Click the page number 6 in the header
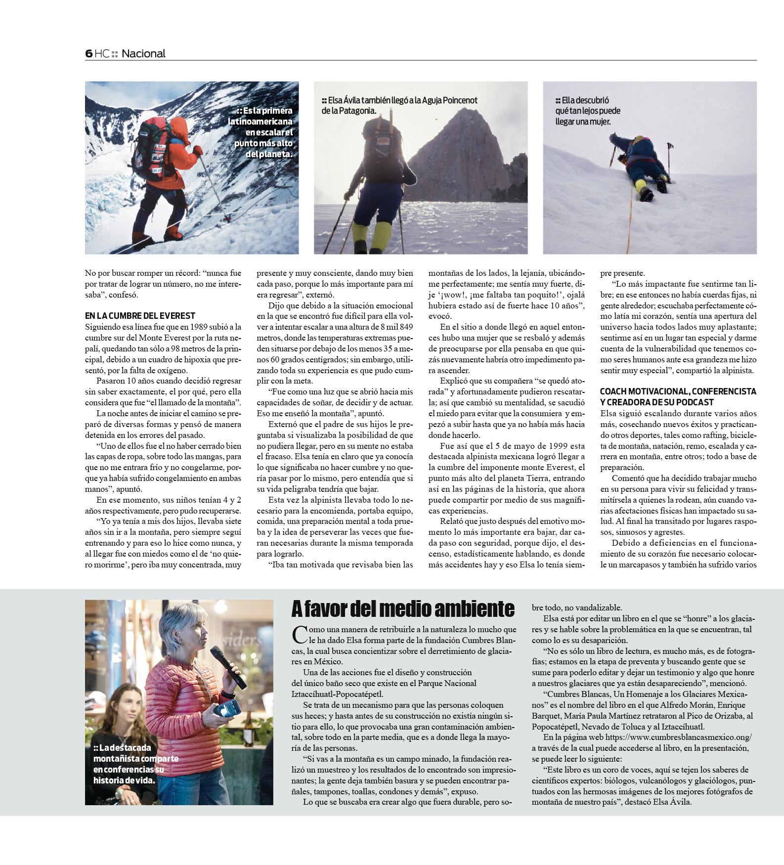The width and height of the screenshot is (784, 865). [x=88, y=53]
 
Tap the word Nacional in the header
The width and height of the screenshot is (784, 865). [x=143, y=53]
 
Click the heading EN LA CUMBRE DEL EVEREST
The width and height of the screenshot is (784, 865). [x=140, y=315]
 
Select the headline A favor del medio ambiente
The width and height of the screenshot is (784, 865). [x=403, y=608]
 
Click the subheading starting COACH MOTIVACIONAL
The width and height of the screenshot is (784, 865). [x=678, y=396]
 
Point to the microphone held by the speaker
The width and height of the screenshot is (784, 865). [x=228, y=667]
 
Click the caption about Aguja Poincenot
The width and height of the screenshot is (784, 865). [x=399, y=105]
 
